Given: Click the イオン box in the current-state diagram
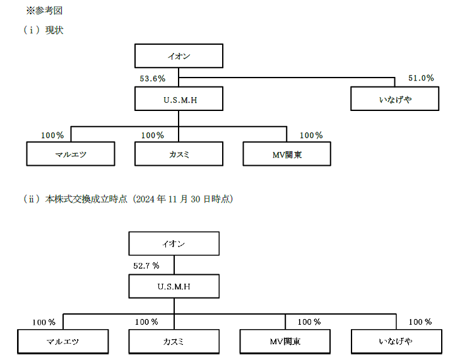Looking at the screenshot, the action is click(179, 56).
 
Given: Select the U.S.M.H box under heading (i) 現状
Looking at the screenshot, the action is click(179, 98).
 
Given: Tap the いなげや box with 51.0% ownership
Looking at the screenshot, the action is click(394, 98).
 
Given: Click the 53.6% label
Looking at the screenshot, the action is click(152, 79).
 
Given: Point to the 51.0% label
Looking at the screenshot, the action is click(421, 78).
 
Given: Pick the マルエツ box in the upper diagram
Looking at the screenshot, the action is click(71, 154).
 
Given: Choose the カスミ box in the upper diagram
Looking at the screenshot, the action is click(179, 154).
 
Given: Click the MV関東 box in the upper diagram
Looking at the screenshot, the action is click(287, 154).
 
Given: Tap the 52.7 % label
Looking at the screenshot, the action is click(146, 265).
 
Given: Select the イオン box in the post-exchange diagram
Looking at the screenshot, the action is click(174, 243).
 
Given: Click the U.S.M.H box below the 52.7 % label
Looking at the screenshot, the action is click(174, 286).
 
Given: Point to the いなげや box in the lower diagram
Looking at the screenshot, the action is click(396, 342).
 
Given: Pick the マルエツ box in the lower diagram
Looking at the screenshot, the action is click(62, 342).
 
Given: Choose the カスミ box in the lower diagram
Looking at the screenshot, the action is click(174, 342).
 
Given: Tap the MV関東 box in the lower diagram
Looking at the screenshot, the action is click(285, 342).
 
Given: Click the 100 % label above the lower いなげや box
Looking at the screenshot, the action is click(420, 322).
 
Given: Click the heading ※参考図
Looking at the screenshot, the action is click(44, 11).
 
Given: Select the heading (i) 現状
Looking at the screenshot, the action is click(44, 30).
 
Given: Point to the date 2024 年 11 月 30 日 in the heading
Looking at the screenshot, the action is click(172, 199).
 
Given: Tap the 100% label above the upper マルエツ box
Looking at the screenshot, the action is click(52, 136).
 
